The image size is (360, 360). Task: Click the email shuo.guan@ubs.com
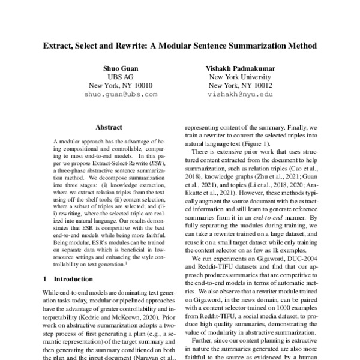coord(121,95)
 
